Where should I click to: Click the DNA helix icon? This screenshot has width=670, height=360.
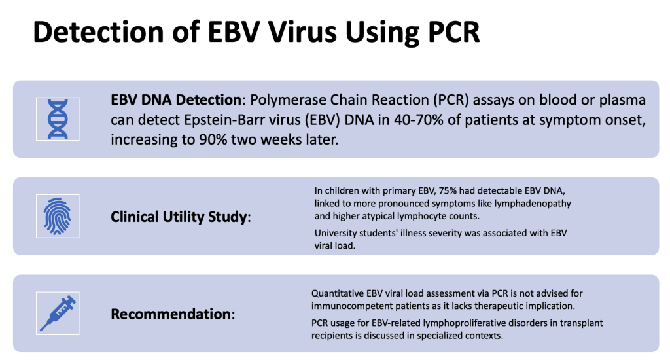58,119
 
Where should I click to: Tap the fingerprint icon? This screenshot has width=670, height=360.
58,217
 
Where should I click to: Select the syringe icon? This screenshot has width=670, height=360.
58,314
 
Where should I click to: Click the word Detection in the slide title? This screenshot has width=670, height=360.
98,32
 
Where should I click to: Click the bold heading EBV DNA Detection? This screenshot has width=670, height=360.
176,100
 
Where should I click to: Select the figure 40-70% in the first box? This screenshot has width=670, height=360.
419,120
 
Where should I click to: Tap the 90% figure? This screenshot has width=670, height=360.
213,140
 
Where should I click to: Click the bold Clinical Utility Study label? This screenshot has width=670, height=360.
179,217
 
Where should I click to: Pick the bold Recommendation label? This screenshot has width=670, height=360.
171,314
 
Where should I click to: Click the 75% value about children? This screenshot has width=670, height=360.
448,190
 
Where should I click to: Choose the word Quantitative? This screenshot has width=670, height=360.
337,293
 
